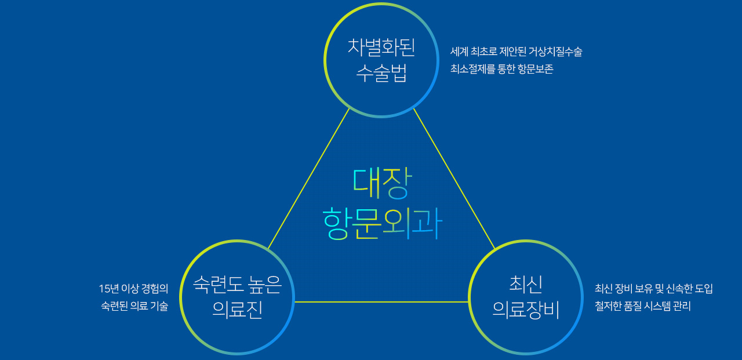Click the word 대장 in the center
(382, 183)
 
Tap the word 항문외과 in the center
(382, 223)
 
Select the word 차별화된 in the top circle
(381, 47)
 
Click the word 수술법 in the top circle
(381, 73)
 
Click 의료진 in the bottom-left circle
(237, 310)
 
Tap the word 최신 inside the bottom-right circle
(526, 284)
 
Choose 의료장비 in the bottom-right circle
(526, 310)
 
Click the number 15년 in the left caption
(108, 289)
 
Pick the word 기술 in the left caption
(159, 306)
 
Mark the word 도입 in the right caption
(704, 289)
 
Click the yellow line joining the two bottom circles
(381, 301)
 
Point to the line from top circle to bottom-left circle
(309, 179)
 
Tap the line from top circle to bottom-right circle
(454, 179)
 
